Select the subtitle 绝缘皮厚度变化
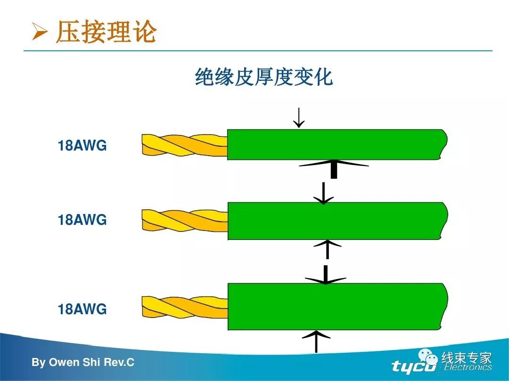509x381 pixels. click(264, 77)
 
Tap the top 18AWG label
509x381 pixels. click(82, 146)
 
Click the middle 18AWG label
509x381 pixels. click(82, 220)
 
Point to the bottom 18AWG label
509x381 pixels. click(82, 309)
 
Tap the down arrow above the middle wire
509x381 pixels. click(324, 193)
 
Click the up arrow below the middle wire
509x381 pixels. click(327, 249)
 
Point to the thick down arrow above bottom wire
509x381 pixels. click(325, 275)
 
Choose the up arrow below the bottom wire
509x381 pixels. click(316, 341)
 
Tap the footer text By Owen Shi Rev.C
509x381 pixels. click(83, 363)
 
